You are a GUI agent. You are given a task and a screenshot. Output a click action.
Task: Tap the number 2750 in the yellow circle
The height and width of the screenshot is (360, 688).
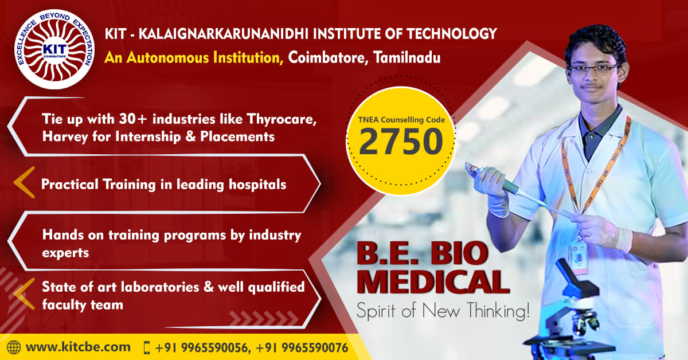tap(401, 142)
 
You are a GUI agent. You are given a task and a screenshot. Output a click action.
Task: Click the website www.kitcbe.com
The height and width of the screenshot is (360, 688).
tap(78, 347)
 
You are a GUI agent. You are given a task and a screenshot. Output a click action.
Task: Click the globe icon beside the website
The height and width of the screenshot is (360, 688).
tap(14, 347)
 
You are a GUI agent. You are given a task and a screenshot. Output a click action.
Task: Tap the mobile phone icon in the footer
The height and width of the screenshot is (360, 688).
tap(147, 347)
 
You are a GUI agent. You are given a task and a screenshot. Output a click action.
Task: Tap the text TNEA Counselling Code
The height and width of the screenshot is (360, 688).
tap(401, 119)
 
